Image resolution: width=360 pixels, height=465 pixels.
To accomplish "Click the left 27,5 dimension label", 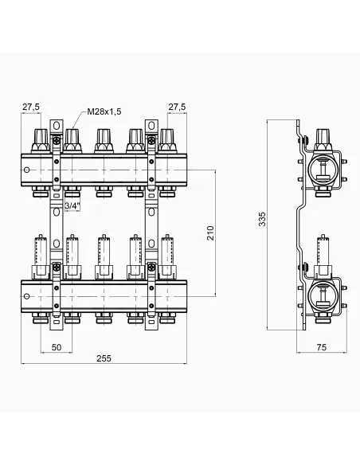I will click(x=31, y=106).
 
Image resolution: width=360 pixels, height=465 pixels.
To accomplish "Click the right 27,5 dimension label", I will click(x=177, y=106).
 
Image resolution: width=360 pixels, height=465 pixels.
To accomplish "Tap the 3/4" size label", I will click(x=72, y=206).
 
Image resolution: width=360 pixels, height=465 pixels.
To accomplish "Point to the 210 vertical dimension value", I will click(x=210, y=232).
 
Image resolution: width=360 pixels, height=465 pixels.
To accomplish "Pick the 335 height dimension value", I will click(x=263, y=219).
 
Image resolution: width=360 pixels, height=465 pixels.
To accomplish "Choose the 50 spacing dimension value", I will click(x=57, y=348).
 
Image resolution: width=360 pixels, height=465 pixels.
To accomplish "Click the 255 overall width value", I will click(x=104, y=358).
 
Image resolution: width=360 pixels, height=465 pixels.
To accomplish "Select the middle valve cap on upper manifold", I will click(x=103, y=142).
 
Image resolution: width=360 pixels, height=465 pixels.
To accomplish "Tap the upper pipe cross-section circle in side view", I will click(x=323, y=170).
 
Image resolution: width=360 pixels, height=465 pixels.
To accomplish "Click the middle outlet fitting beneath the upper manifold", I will click(x=103, y=191).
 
